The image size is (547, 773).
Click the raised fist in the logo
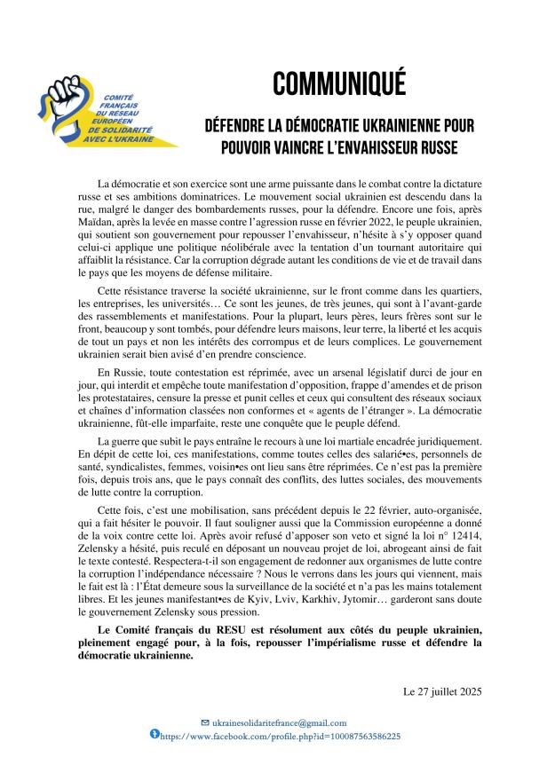(67, 99)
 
